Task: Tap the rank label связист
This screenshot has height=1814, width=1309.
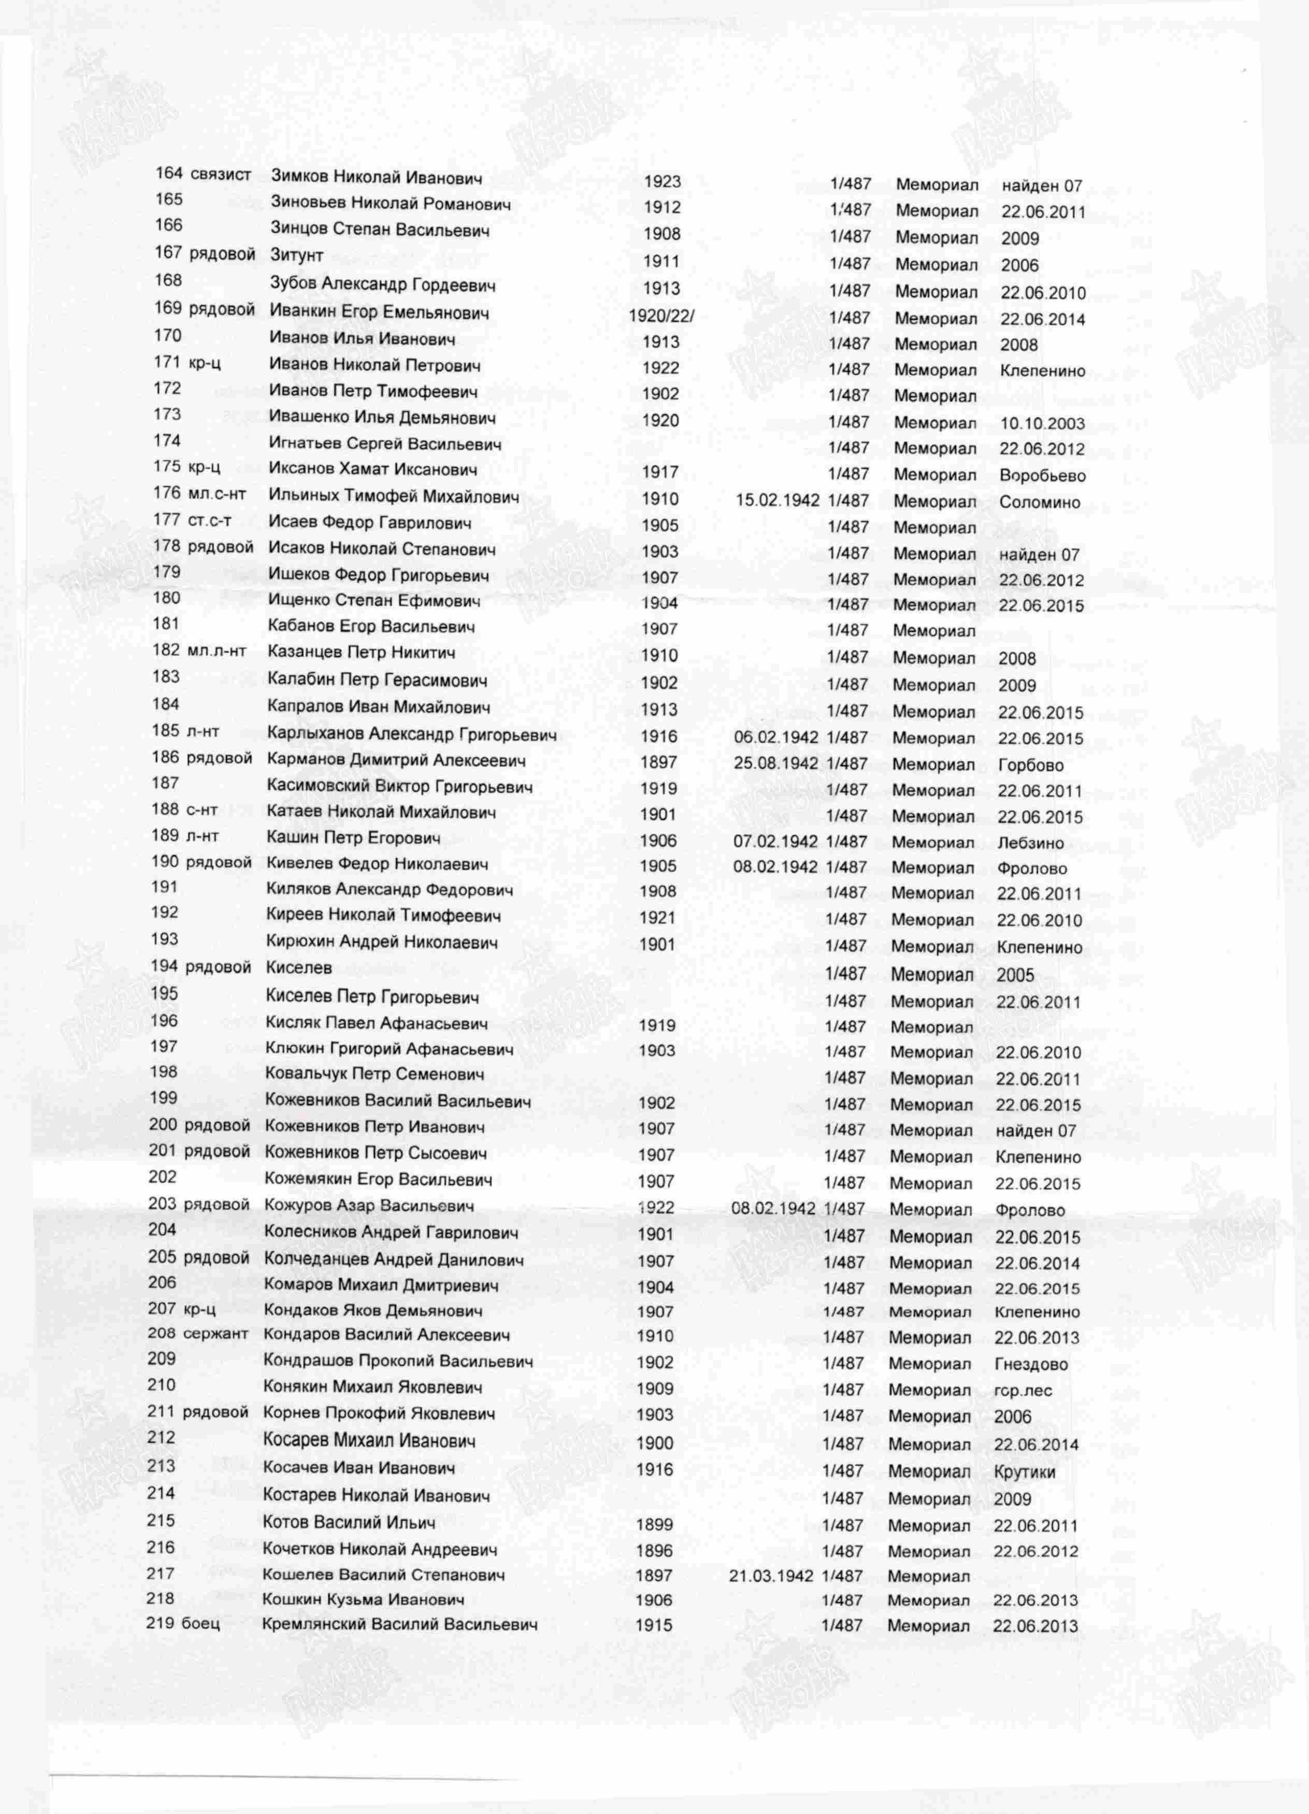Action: pyautogui.click(x=221, y=174)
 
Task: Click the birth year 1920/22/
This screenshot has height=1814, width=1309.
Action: pyautogui.click(x=661, y=315)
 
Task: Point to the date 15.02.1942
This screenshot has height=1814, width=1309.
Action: pyautogui.click(x=777, y=500)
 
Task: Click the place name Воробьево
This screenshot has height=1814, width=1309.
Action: pyautogui.click(x=1042, y=476)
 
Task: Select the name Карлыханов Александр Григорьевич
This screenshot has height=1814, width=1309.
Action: pyautogui.click(x=412, y=734)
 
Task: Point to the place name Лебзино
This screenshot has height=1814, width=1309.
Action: pyautogui.click(x=1030, y=843)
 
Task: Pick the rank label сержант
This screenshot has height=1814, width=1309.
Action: pyautogui.click(x=216, y=1334)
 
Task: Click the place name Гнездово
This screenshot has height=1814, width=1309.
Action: pyautogui.click(x=1031, y=1365)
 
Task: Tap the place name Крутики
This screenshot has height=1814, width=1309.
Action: pyautogui.click(x=1024, y=1472)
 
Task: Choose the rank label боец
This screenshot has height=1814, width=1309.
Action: pyautogui.click(x=200, y=1624)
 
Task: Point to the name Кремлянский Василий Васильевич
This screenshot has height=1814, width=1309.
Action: pyautogui.click(x=400, y=1624)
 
